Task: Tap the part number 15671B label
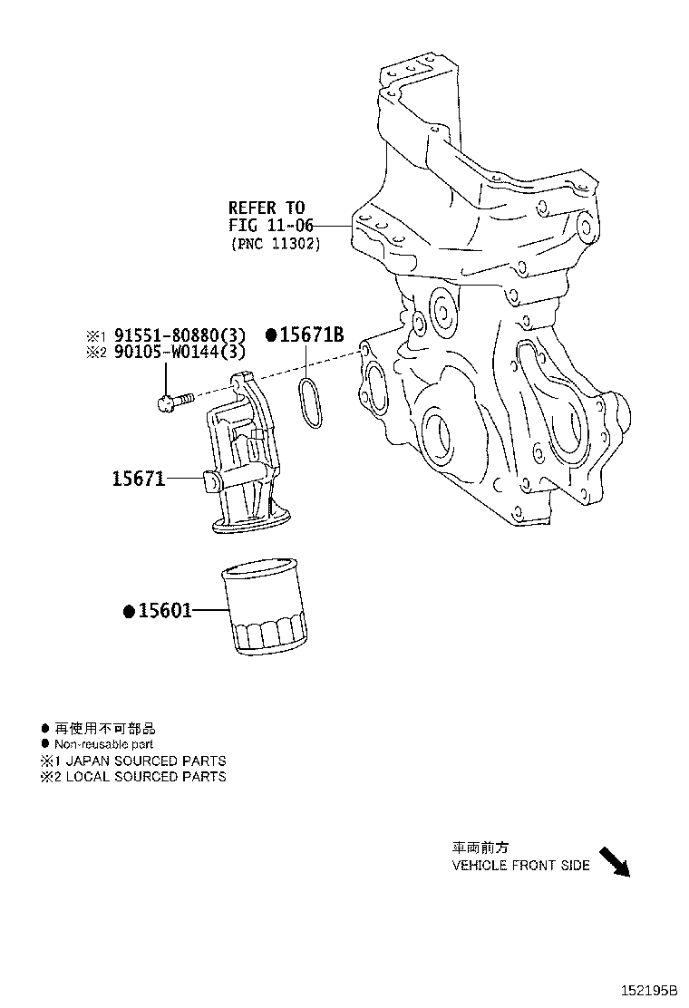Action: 311,334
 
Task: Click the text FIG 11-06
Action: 267,226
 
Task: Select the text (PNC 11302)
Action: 274,244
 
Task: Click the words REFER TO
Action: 267,208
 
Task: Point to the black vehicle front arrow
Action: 614,862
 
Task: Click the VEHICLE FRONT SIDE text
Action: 520,865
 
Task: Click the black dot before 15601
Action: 129,611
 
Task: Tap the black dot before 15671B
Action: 270,334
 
